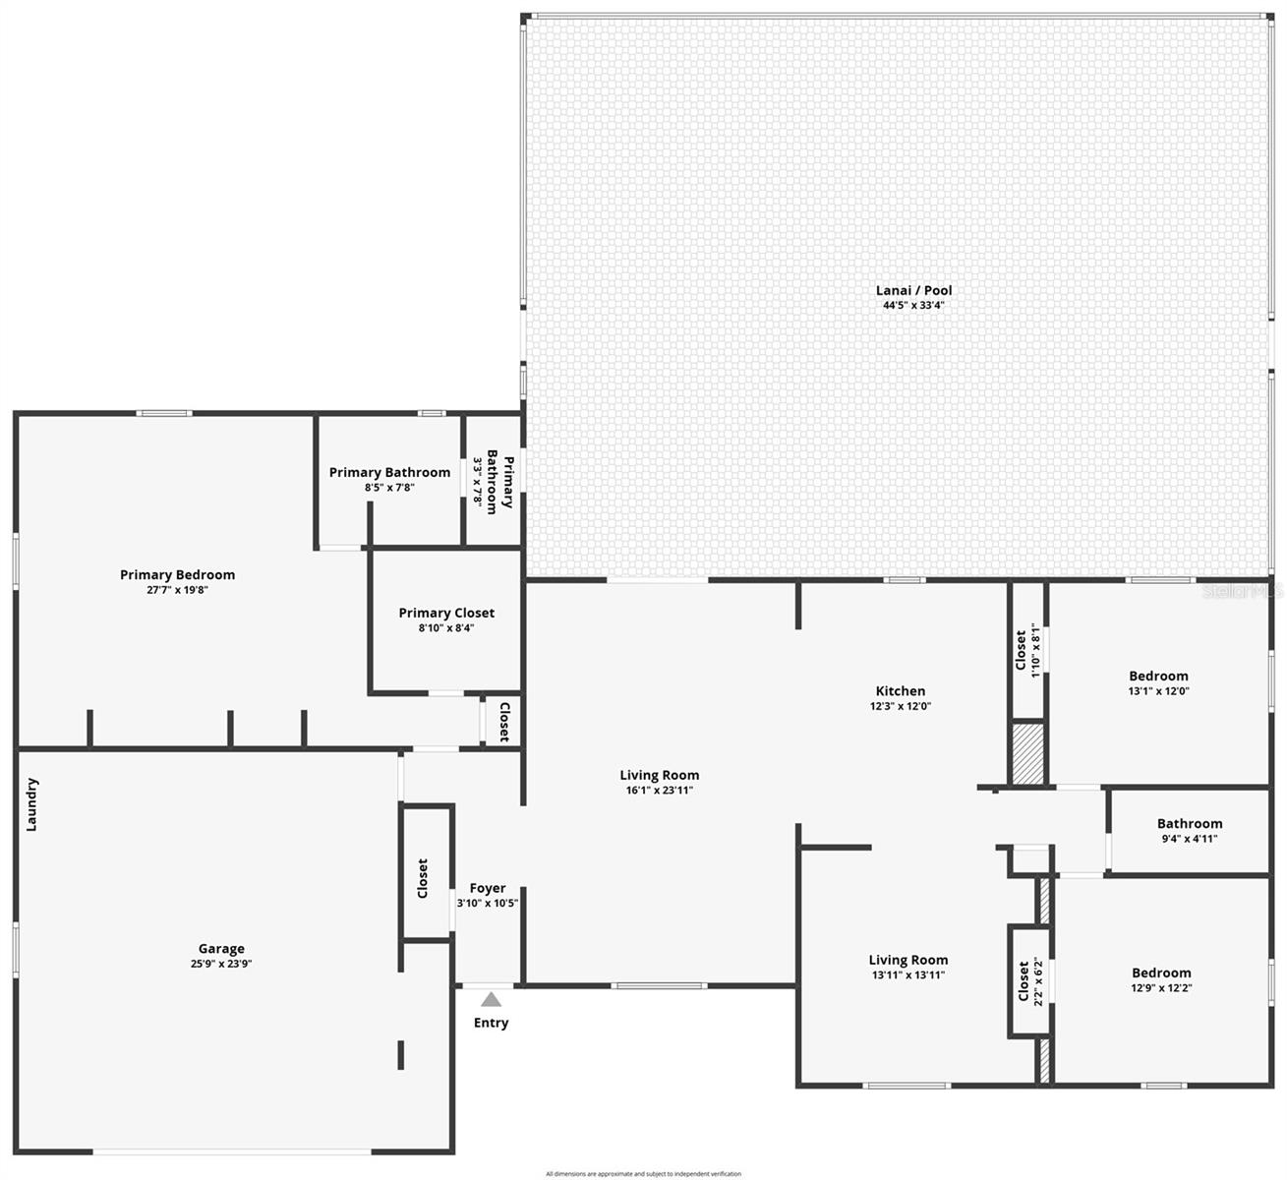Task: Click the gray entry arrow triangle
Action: coord(491,1000)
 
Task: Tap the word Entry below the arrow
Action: coord(491,1023)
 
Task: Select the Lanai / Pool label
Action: coord(913,290)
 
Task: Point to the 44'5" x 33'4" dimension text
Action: coord(913,305)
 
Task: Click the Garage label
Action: coord(221,949)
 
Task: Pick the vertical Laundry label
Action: coord(31,804)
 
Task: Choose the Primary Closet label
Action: coord(446,613)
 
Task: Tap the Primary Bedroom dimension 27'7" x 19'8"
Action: coord(177,590)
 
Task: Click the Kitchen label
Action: coord(900,691)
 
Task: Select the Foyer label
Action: coord(487,888)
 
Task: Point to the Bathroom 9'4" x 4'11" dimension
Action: coord(1189,839)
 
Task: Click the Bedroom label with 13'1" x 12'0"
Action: coord(1158,676)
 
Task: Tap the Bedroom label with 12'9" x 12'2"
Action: coord(1160,973)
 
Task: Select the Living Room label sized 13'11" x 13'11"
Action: coord(907,960)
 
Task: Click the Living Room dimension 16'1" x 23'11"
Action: coord(659,790)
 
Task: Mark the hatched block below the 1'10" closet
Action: coord(1027,754)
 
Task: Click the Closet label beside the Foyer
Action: coord(423,878)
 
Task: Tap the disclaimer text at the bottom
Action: coord(643,1173)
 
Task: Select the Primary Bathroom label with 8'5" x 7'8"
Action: coord(389,472)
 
